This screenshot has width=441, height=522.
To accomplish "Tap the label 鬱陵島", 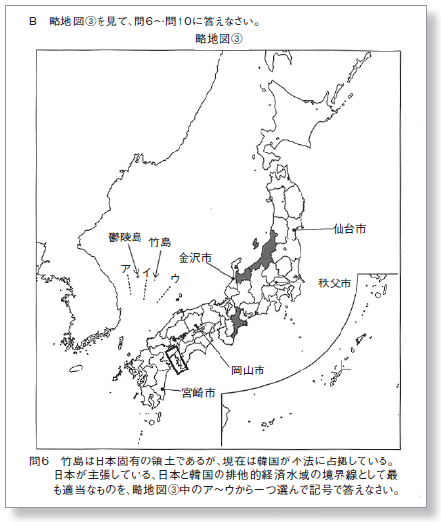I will point(125,237).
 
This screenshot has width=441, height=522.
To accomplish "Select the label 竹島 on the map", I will point(160,240).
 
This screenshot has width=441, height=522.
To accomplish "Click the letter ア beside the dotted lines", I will point(124,266).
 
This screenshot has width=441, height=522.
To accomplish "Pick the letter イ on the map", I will point(144,267).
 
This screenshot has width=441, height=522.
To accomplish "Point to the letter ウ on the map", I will point(176,279).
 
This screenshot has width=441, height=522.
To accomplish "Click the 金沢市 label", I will point(194,259).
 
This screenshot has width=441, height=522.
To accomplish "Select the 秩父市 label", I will point(335,283).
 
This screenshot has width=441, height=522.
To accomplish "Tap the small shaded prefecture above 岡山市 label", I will point(238,320).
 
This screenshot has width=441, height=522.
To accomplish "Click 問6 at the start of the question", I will point(44,458).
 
